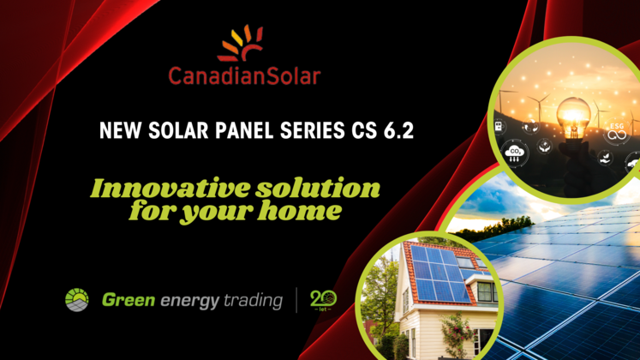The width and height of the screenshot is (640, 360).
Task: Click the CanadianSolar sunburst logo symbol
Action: [241, 44]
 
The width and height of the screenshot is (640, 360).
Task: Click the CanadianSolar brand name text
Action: [244, 76]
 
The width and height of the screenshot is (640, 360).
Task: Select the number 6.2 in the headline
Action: [398, 130]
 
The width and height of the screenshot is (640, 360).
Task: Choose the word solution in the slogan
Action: [318, 189]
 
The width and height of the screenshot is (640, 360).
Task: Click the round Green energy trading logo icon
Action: [77, 300]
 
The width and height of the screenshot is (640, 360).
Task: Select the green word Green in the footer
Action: [129, 300]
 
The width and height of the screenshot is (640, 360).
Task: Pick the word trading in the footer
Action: [253, 301]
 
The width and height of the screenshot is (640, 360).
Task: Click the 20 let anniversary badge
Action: [323, 300]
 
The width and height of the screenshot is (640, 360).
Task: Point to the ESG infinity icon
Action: [617, 131]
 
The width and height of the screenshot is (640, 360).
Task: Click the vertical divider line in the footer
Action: [296, 300]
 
